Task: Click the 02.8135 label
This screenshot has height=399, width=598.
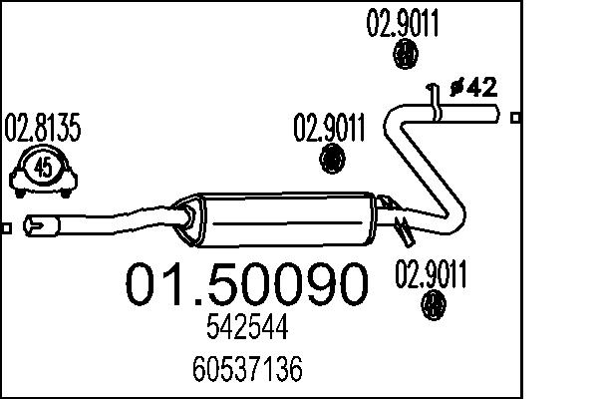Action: coord(43,129)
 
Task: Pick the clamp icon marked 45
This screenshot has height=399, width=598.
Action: coord(44,170)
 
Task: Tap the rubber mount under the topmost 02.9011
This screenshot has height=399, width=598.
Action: coord(406,57)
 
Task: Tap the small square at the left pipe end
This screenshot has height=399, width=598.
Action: coord(6,228)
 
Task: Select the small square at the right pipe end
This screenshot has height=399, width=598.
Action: coord(515,119)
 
